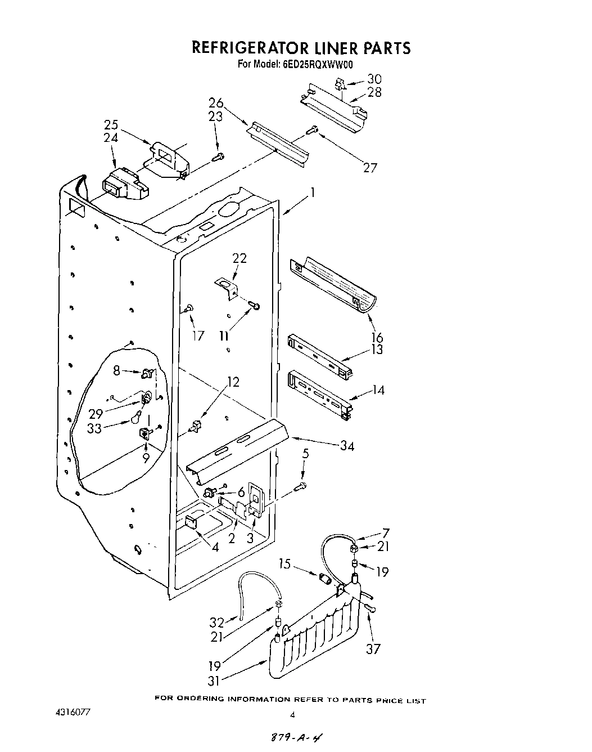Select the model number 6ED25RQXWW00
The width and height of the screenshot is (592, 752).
[x=317, y=64]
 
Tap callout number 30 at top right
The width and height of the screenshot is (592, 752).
[x=374, y=79]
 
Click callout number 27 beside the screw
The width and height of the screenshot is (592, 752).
[x=370, y=167]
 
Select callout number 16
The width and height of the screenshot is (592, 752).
[x=377, y=337]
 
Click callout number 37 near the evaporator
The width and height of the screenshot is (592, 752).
[x=373, y=648]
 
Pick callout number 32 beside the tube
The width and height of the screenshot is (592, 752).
[x=216, y=622]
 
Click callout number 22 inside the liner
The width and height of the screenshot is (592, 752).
[x=239, y=258]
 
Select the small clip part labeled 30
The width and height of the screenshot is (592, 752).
[x=340, y=84]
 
